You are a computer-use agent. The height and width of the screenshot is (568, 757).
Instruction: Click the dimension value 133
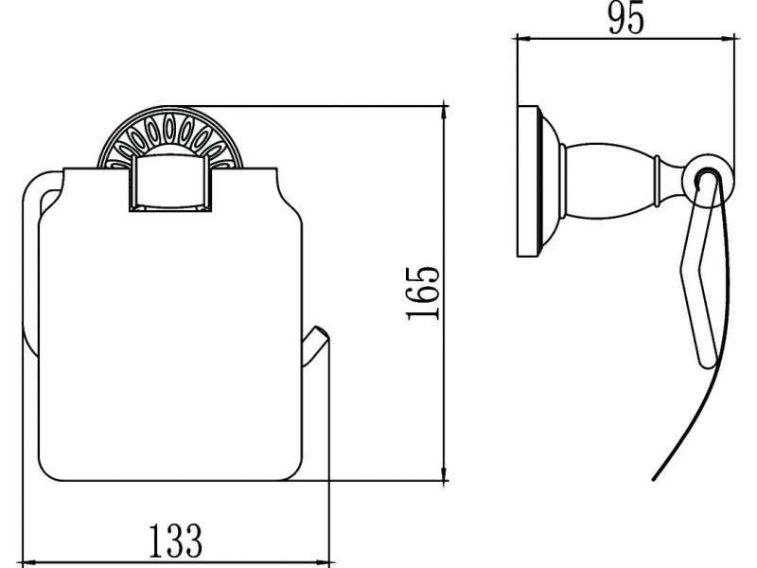[175, 540]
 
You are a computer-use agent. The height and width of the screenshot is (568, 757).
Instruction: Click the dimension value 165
[423, 293]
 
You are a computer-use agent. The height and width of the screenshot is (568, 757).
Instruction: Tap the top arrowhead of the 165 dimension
[445, 112]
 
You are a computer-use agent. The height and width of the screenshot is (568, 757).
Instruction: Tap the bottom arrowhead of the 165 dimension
[445, 474]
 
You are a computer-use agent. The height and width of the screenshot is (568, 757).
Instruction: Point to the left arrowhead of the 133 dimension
[30, 562]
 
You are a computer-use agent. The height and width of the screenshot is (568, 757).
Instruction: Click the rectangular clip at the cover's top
[169, 184]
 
